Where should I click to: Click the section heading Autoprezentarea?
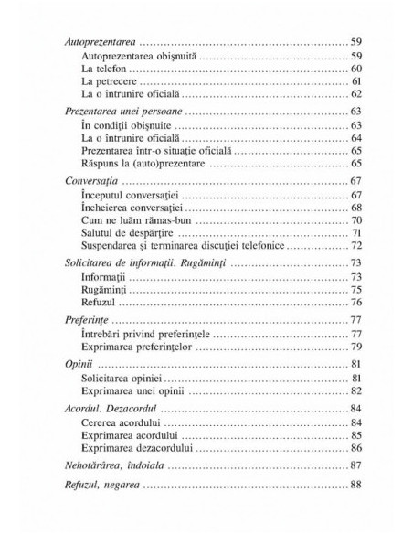tap(94, 43)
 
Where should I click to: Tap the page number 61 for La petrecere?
tap(356, 82)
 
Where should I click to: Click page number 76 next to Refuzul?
tap(355, 302)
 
